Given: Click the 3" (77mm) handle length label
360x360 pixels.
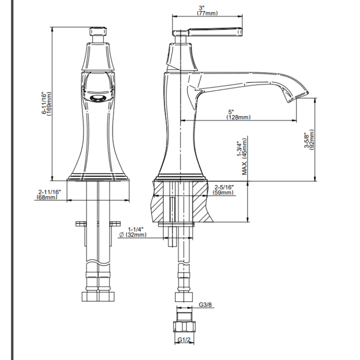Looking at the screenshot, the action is (x=207, y=11).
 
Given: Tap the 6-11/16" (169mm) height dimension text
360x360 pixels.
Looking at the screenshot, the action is (x=46, y=103).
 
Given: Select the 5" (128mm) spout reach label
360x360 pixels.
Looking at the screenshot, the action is (x=238, y=114).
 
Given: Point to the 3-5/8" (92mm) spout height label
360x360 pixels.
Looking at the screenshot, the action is (x=309, y=140).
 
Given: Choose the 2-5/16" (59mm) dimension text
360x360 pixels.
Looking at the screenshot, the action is (x=223, y=190).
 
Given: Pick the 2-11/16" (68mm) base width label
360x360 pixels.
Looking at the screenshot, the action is (x=48, y=194).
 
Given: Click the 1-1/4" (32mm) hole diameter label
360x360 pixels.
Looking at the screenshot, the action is (x=133, y=232).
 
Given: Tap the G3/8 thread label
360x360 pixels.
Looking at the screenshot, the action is (x=205, y=305).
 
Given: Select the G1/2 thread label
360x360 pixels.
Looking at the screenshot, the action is (x=184, y=340).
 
